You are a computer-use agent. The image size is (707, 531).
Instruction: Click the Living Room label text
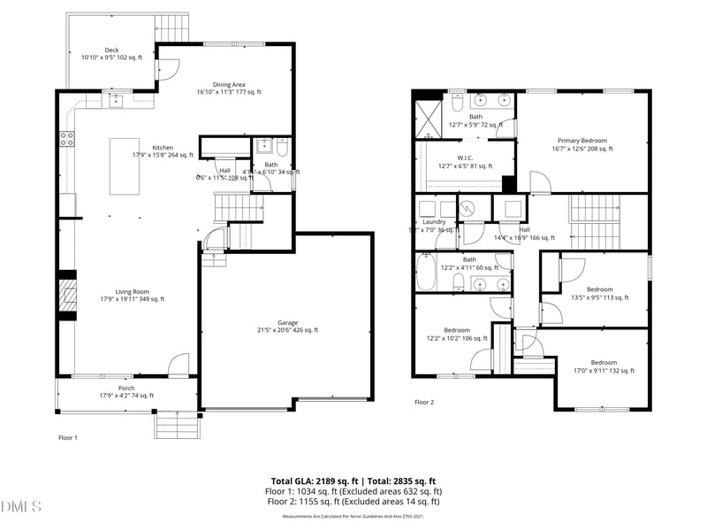133,295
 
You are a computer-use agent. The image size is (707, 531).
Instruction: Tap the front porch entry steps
177,425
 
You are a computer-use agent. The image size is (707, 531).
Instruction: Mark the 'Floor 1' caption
68,437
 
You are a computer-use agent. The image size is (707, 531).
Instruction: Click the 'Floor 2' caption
425,402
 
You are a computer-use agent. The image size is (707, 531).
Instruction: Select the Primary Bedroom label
582,145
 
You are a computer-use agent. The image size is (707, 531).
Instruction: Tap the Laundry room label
434,226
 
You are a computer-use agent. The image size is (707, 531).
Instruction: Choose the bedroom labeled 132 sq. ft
604,366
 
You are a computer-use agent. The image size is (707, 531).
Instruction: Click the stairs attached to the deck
173,27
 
